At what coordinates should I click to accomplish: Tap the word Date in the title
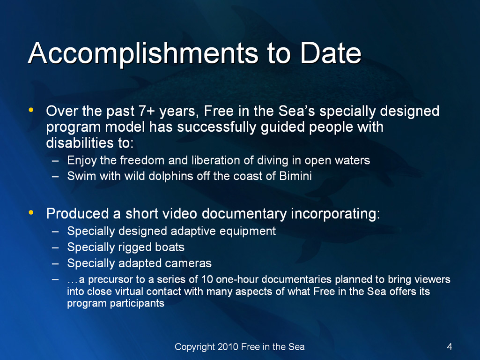pyautogui.click(x=331, y=52)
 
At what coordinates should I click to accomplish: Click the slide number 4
pyautogui.click(x=450, y=346)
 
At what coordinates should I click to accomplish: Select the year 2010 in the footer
pyautogui.click(x=228, y=346)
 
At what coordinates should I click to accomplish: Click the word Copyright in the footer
pyautogui.click(x=195, y=347)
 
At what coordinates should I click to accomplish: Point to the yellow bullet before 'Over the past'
pyautogui.click(x=30, y=110)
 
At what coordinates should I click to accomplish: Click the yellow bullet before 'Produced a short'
pyautogui.click(x=30, y=212)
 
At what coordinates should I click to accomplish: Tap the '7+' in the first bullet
pyautogui.click(x=147, y=111)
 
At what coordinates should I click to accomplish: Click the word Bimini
pyautogui.click(x=295, y=176)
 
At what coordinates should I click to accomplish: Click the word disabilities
pyautogui.click(x=80, y=143)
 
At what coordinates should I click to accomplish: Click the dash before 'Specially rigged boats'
pyautogui.click(x=55, y=247)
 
